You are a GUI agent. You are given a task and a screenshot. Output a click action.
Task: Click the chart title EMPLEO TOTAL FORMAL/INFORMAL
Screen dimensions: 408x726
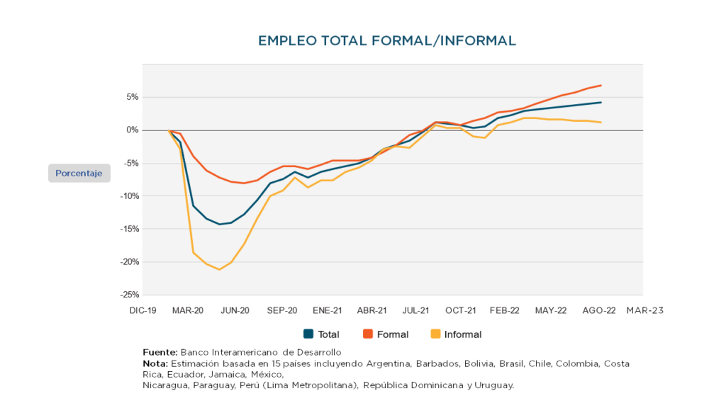click(x=387, y=40)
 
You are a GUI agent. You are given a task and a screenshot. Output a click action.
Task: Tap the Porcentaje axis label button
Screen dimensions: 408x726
click(x=79, y=173)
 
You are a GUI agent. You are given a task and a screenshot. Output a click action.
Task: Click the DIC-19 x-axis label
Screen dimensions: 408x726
click(x=143, y=310)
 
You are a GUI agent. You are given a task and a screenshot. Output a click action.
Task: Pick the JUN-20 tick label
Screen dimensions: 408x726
click(x=235, y=310)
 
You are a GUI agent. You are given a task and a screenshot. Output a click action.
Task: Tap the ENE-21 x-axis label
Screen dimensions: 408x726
click(x=327, y=310)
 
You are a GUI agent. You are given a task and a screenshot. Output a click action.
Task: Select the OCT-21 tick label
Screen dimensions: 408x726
click(x=460, y=310)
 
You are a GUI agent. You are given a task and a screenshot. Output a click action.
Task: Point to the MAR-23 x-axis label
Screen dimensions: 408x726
click(x=644, y=310)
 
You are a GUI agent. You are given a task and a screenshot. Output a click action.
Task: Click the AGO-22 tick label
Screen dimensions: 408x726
click(x=599, y=310)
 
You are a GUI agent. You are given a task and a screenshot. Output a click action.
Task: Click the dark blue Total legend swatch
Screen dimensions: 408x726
click(x=308, y=334)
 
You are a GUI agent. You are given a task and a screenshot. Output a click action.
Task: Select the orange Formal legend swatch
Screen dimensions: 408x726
click(x=368, y=334)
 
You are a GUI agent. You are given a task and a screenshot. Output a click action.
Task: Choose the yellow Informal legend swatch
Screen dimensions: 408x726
click(x=435, y=334)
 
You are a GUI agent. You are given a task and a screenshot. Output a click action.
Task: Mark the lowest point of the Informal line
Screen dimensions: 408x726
click(x=219, y=269)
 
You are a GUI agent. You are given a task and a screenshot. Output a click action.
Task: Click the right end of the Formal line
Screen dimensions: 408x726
click(x=601, y=86)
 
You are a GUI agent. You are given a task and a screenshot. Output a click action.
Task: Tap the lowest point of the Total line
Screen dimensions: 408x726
click(x=220, y=225)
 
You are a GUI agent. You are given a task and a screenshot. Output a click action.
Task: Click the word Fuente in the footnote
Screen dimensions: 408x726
click(x=160, y=352)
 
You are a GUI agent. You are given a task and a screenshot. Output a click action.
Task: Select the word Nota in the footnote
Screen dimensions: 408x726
click(x=155, y=363)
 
